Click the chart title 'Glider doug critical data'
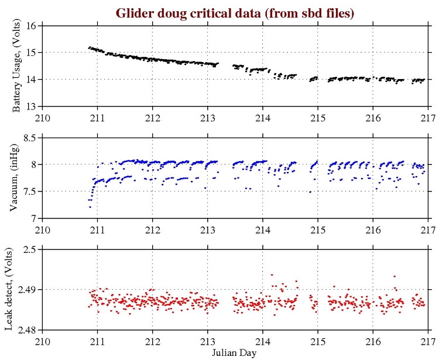pyautogui.click(x=235, y=12)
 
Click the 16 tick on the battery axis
pyautogui.click(x=33, y=26)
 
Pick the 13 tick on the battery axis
pyautogui.click(x=33, y=106)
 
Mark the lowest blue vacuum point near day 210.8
pyautogui.click(x=90, y=207)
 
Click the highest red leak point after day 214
pyautogui.click(x=272, y=275)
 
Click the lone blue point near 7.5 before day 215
pyautogui.click(x=310, y=192)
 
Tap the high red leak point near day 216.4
pyautogui.click(x=395, y=276)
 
